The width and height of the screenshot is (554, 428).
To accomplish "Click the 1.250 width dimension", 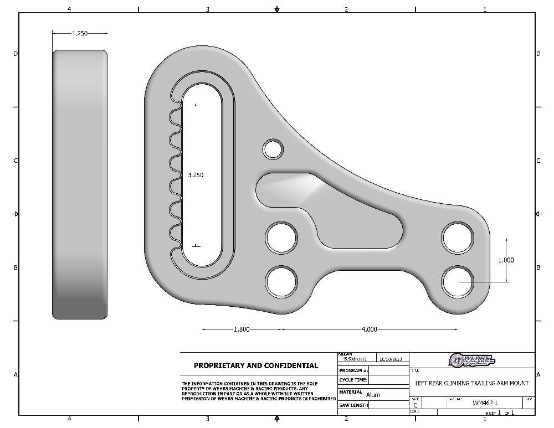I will [80, 34].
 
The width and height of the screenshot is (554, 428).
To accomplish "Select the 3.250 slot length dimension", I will [196, 175].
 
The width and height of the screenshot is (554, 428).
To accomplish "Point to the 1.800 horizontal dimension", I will [242, 329].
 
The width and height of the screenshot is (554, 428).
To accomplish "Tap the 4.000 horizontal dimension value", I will [369, 329].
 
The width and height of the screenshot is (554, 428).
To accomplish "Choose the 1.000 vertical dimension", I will [506, 260].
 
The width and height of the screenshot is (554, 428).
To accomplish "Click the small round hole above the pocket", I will [273, 149].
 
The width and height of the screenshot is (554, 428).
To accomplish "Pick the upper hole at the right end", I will [458, 238].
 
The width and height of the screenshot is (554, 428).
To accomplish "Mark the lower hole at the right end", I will [458, 281].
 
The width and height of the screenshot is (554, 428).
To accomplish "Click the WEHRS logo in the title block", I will [471, 360].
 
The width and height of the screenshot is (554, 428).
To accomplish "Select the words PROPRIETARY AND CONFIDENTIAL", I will [256, 366].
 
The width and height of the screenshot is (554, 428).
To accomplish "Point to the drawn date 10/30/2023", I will [392, 359].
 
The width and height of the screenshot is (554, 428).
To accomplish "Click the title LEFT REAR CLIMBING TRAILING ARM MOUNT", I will [471, 383].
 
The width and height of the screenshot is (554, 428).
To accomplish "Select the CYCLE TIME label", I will [353, 380].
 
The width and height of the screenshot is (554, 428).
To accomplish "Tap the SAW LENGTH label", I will [353, 405].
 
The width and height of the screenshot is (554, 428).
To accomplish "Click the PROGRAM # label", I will [353, 370].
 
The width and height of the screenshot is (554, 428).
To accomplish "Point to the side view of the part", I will [80, 184].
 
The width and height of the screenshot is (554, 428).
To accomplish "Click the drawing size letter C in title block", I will [416, 405].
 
